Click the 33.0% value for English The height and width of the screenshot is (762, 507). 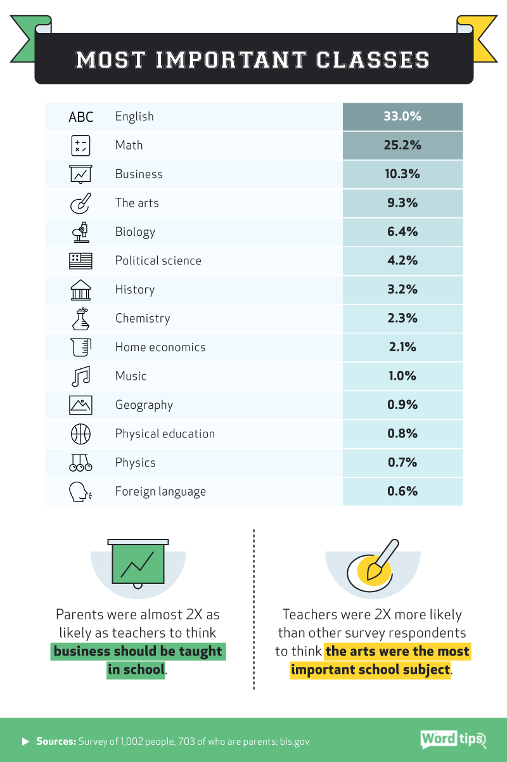click(402, 117)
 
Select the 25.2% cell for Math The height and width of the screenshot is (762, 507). click(402, 145)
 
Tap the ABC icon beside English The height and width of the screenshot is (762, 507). click(80, 117)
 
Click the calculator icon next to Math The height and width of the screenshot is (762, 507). click(80, 146)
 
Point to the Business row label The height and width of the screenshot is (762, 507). click(139, 174)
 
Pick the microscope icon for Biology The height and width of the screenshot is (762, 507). click(80, 232)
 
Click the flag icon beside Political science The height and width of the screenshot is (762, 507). click(80, 261)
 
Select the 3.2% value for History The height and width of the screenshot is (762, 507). click(402, 290)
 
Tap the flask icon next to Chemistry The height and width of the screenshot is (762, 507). click(80, 318)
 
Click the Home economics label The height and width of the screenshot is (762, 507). click(160, 347)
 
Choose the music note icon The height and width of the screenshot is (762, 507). click(80, 377)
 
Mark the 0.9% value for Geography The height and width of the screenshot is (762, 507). click(402, 405)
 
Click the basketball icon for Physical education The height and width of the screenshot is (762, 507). click(80, 434)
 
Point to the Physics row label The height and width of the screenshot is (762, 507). click(135, 463)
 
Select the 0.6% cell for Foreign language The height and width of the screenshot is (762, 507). click(402, 491)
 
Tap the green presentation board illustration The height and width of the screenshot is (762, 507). click(138, 563)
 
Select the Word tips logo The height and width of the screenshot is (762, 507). click(452, 740)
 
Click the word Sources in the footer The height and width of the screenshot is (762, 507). click(56, 741)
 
